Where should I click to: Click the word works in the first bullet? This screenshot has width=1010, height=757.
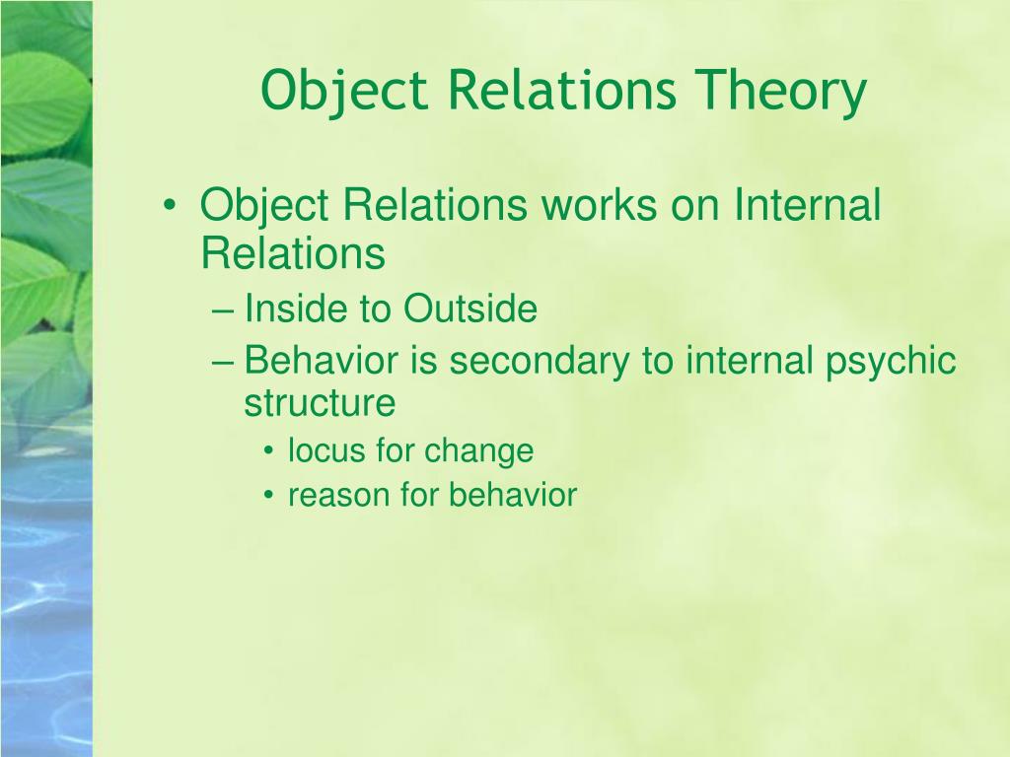600,206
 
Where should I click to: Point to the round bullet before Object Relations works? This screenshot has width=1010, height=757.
173,208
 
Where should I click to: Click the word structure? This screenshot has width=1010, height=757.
320,403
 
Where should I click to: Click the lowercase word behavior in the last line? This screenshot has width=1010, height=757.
512,495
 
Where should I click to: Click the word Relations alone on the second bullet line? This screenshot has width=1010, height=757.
292,253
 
